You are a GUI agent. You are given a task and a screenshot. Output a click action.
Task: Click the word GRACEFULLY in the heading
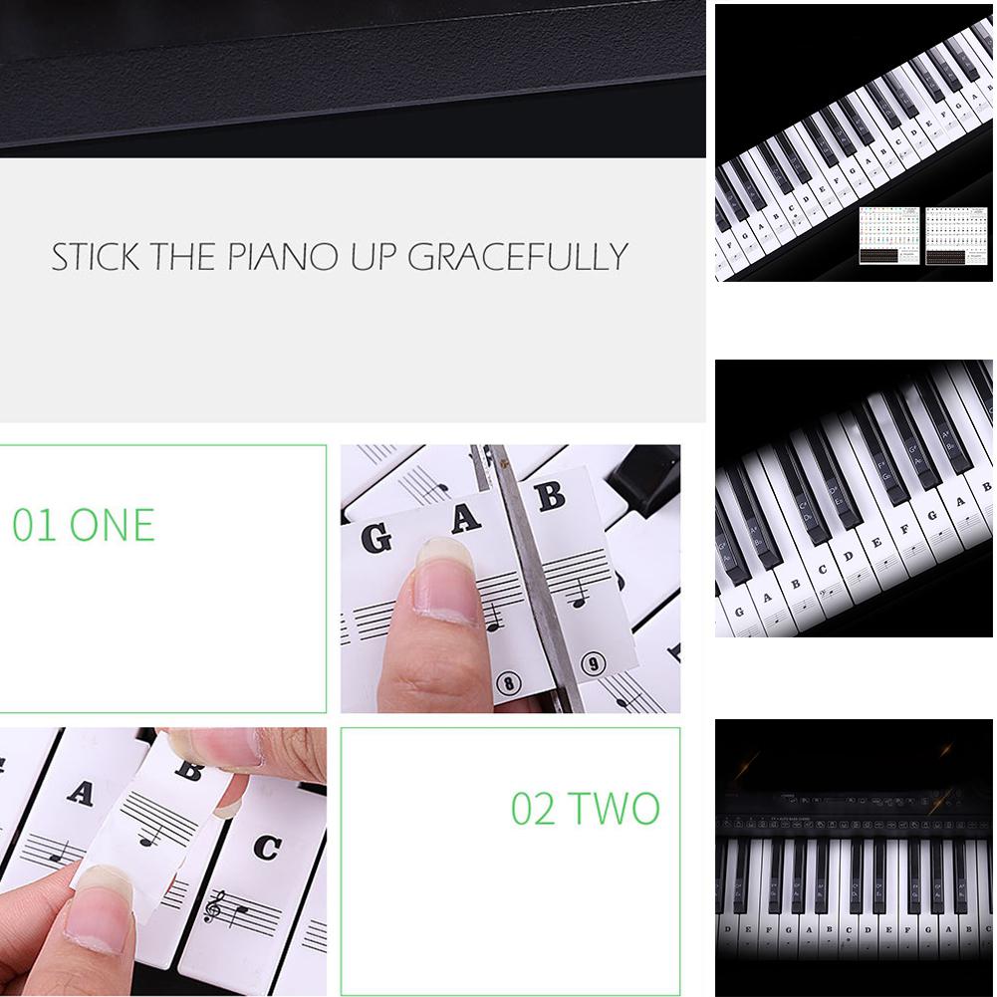pyautogui.click(x=518, y=257)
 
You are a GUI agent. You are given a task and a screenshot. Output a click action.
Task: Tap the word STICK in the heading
pyautogui.click(x=96, y=257)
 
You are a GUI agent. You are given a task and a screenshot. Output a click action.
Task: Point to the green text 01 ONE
pyautogui.click(x=84, y=526)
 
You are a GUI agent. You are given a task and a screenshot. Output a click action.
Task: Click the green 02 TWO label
pyautogui.click(x=586, y=809)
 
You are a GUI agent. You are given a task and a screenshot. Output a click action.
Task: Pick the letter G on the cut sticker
pyautogui.click(x=375, y=539)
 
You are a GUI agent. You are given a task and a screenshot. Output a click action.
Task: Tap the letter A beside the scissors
pyautogui.click(x=465, y=518)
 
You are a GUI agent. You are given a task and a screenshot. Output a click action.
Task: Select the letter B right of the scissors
pyautogui.click(x=550, y=495)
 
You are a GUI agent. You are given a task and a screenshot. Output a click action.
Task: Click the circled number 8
pyautogui.click(x=509, y=683)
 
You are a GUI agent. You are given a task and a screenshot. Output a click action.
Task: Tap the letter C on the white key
pyautogui.click(x=266, y=847)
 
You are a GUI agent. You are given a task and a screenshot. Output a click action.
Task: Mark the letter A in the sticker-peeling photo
pyautogui.click(x=80, y=793)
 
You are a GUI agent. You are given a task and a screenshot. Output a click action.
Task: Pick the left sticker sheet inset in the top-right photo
pyautogui.click(x=889, y=235)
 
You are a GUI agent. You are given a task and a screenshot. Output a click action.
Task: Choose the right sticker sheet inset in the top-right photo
pyautogui.click(x=956, y=235)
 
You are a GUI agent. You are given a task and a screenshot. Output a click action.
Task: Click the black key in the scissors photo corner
pyautogui.click(x=647, y=478)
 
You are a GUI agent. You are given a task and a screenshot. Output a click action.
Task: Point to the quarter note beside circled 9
pyautogui.click(x=578, y=595)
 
